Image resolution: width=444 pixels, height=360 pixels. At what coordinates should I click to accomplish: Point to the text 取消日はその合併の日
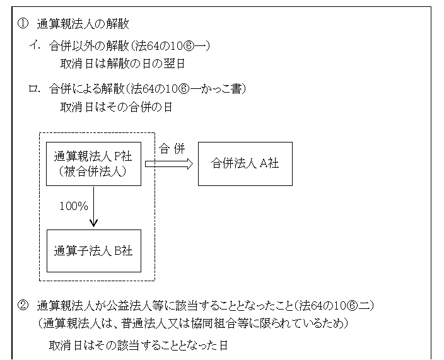(117, 106)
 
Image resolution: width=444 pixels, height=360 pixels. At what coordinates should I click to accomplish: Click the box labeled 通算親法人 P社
(93, 163)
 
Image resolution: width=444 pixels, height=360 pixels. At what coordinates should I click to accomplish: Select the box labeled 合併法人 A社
(245, 163)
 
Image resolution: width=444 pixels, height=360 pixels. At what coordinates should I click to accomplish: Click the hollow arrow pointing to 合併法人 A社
(168, 164)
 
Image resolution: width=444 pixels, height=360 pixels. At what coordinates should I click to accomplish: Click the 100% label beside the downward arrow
(73, 206)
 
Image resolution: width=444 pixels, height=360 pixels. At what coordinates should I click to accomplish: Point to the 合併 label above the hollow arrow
(172, 150)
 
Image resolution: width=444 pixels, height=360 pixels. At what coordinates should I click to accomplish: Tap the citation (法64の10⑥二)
(334, 306)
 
